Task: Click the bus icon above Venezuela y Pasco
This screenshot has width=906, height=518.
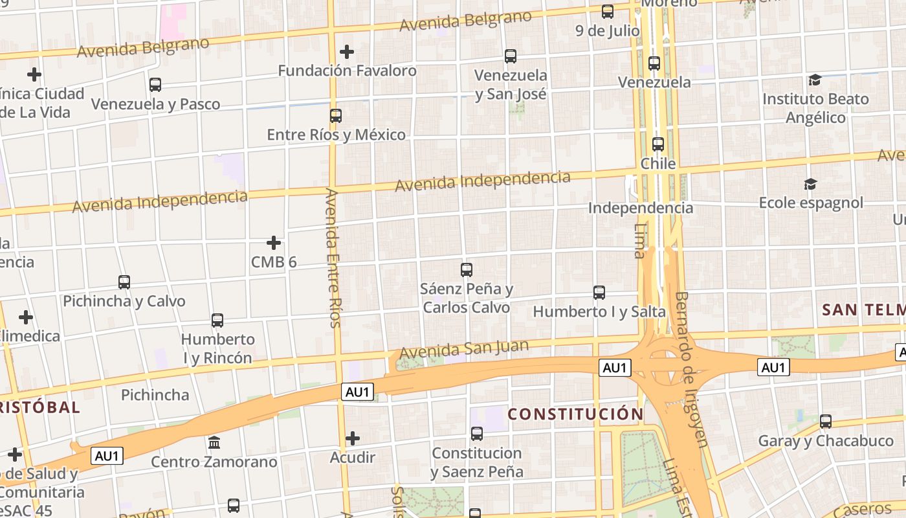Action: pyautogui.click(x=155, y=84)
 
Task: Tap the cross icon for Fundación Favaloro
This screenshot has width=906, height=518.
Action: pyautogui.click(x=347, y=51)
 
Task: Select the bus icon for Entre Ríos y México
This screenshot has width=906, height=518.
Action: pyautogui.click(x=336, y=116)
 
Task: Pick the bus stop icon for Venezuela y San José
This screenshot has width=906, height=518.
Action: pyautogui.click(x=511, y=56)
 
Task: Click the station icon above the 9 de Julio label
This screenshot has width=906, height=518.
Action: pyautogui.click(x=608, y=11)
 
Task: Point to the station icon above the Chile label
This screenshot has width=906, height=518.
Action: pyautogui.click(x=658, y=144)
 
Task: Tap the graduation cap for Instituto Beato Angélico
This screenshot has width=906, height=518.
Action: pyautogui.click(x=815, y=80)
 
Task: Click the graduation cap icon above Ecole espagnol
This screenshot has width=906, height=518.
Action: pyautogui.click(x=810, y=185)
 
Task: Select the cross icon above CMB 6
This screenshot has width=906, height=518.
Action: pyautogui.click(x=274, y=243)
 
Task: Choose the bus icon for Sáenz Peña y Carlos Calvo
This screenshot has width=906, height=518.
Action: pyautogui.click(x=467, y=270)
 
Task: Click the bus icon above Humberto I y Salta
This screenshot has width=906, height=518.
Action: pyautogui.click(x=599, y=293)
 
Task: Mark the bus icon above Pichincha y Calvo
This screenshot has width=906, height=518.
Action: pyautogui.click(x=124, y=282)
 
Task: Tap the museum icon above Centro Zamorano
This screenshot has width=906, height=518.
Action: pyautogui.click(x=214, y=443)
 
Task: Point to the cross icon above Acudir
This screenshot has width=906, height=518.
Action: pyautogui.click(x=353, y=438)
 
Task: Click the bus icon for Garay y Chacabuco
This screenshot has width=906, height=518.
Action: pyautogui.click(x=826, y=422)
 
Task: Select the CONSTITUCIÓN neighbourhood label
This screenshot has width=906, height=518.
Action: pyautogui.click(x=575, y=414)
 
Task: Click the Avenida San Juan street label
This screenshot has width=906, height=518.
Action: pyautogui.click(x=463, y=350)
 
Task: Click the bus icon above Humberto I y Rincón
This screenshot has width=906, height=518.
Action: pyautogui.click(x=217, y=320)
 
